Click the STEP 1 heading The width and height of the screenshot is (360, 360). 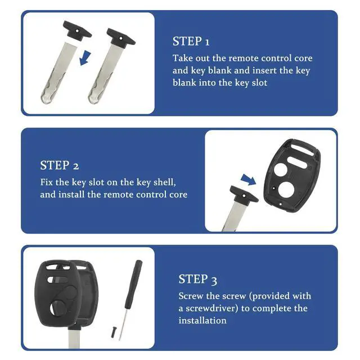click(x=191, y=41)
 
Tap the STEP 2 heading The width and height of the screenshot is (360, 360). click(x=60, y=165)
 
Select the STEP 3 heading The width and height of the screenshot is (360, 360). click(x=197, y=279)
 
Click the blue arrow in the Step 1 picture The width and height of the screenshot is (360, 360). click(x=85, y=58)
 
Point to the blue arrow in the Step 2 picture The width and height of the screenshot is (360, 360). click(x=249, y=179)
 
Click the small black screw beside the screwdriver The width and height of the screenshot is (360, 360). click(x=114, y=332)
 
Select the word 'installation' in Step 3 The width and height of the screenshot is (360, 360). click(x=202, y=320)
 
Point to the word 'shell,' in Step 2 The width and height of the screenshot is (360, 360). click(x=165, y=182)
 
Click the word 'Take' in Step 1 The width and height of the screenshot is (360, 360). click(x=183, y=58)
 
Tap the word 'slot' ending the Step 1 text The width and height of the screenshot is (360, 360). click(x=259, y=83)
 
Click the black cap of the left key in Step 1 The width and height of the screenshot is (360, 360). click(x=78, y=31)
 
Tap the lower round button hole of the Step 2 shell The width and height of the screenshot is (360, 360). click(x=286, y=190)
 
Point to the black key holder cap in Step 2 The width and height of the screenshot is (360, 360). click(x=244, y=195)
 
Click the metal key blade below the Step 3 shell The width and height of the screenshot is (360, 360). click(x=74, y=339)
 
